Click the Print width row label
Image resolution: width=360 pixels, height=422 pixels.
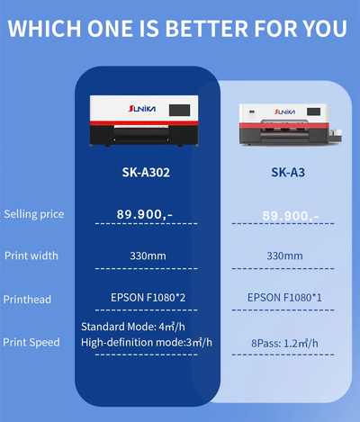point(31,256)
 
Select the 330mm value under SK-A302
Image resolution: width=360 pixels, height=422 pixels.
point(146,256)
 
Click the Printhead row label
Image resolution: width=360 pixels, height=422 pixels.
point(28,299)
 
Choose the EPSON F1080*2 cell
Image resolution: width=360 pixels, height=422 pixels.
point(146,297)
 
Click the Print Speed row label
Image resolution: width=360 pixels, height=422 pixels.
point(31,342)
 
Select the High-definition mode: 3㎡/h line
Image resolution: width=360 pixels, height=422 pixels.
point(147,342)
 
